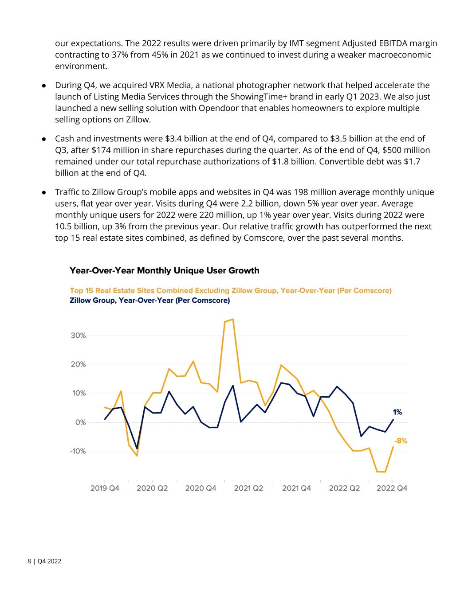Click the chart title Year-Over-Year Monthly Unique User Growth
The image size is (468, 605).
(x=164, y=270)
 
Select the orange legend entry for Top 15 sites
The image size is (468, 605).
(x=230, y=291)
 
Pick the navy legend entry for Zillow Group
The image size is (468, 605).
(x=149, y=301)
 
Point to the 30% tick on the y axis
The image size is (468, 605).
(x=78, y=336)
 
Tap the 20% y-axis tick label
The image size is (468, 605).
(x=78, y=364)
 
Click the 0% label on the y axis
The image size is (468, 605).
(x=80, y=422)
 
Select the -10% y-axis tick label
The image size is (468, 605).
(x=78, y=451)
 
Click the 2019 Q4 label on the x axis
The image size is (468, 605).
(x=105, y=488)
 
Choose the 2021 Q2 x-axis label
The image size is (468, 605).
(x=248, y=488)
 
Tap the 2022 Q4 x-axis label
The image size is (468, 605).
(x=392, y=488)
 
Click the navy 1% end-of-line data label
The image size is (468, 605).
(x=397, y=412)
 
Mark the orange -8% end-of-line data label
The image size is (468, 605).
(x=401, y=441)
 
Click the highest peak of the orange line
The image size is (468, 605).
(x=233, y=319)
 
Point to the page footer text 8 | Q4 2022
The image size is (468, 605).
(x=44, y=562)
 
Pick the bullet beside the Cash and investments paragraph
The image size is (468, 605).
(x=44, y=139)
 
